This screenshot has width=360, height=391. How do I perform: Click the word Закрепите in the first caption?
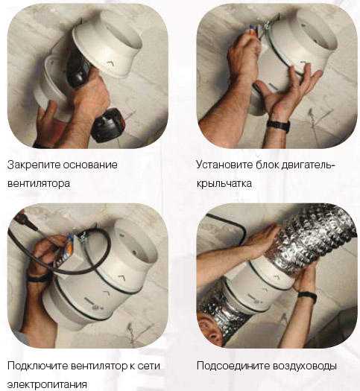tap(34, 165)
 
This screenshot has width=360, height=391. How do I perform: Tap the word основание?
tap(90, 165)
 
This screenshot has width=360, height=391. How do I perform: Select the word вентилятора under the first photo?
tap(39, 184)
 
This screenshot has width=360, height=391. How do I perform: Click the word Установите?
tap(224, 165)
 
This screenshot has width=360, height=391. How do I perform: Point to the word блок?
tap(267, 165)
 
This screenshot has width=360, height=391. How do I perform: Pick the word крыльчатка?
tap(224, 184)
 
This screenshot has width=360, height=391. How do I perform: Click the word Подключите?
tap(38, 366)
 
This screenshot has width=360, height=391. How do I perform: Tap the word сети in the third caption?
tap(148, 366)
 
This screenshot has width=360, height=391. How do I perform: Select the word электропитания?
tap(47, 384)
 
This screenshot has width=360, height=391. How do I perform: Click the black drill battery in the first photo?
tap(109, 125)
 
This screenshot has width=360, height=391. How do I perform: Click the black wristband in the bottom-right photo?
tap(307, 296)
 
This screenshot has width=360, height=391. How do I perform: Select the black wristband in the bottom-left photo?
tap(37, 278)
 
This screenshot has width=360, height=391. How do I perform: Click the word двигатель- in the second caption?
tap(307, 165)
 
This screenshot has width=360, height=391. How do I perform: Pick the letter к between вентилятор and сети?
tap(131, 366)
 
